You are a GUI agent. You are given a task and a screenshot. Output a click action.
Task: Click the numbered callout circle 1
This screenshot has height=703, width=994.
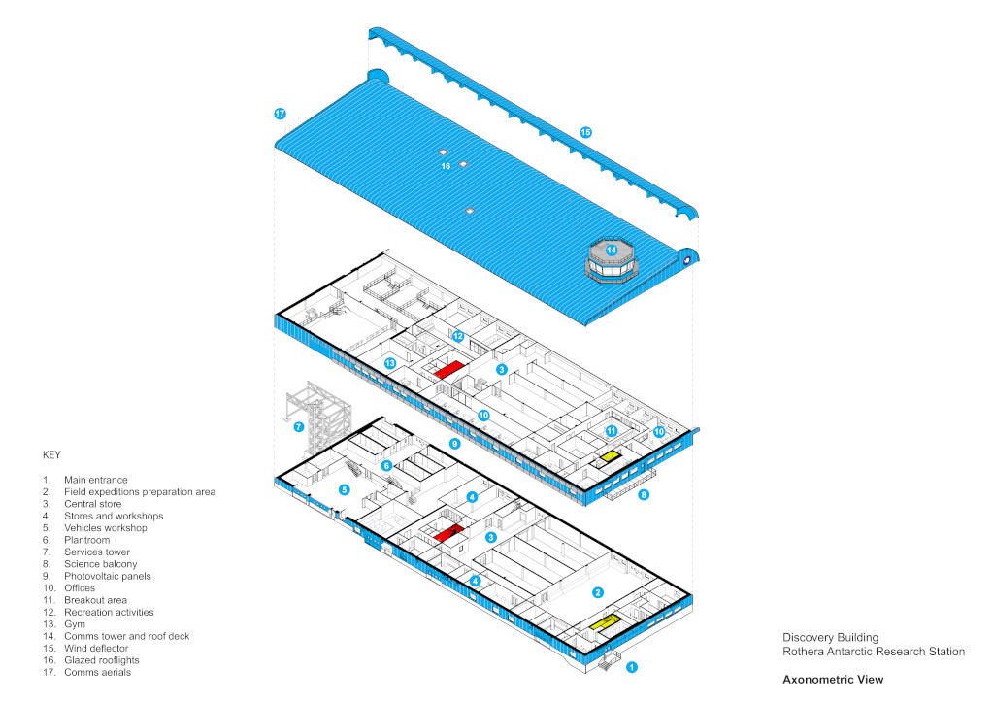(632, 667)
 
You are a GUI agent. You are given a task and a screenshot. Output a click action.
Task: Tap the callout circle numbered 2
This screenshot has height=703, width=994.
(598, 592)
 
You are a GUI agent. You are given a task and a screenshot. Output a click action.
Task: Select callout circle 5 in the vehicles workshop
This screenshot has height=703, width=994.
(345, 489)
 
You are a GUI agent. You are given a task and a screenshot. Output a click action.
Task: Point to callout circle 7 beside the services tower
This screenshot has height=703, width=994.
(298, 426)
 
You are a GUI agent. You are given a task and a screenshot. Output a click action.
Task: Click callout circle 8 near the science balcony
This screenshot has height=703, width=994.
(644, 494)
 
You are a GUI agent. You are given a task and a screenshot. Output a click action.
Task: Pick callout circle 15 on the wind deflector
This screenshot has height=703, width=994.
(585, 132)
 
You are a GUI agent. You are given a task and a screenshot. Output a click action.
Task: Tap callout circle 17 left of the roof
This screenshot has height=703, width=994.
(280, 114)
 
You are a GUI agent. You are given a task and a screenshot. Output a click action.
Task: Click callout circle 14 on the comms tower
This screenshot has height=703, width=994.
(612, 251)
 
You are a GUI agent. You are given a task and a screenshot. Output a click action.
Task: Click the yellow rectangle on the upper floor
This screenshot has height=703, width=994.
(610, 456)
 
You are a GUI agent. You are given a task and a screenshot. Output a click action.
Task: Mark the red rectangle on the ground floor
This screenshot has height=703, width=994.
(446, 534)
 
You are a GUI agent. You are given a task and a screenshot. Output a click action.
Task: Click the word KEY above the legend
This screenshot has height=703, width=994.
(51, 454)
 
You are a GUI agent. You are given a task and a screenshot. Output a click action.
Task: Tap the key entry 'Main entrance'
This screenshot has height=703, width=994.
(95, 480)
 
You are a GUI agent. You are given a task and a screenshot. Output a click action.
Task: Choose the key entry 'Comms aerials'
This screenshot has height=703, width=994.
(97, 672)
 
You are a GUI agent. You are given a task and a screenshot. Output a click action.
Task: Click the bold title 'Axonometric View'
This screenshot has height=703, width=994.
(833, 680)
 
